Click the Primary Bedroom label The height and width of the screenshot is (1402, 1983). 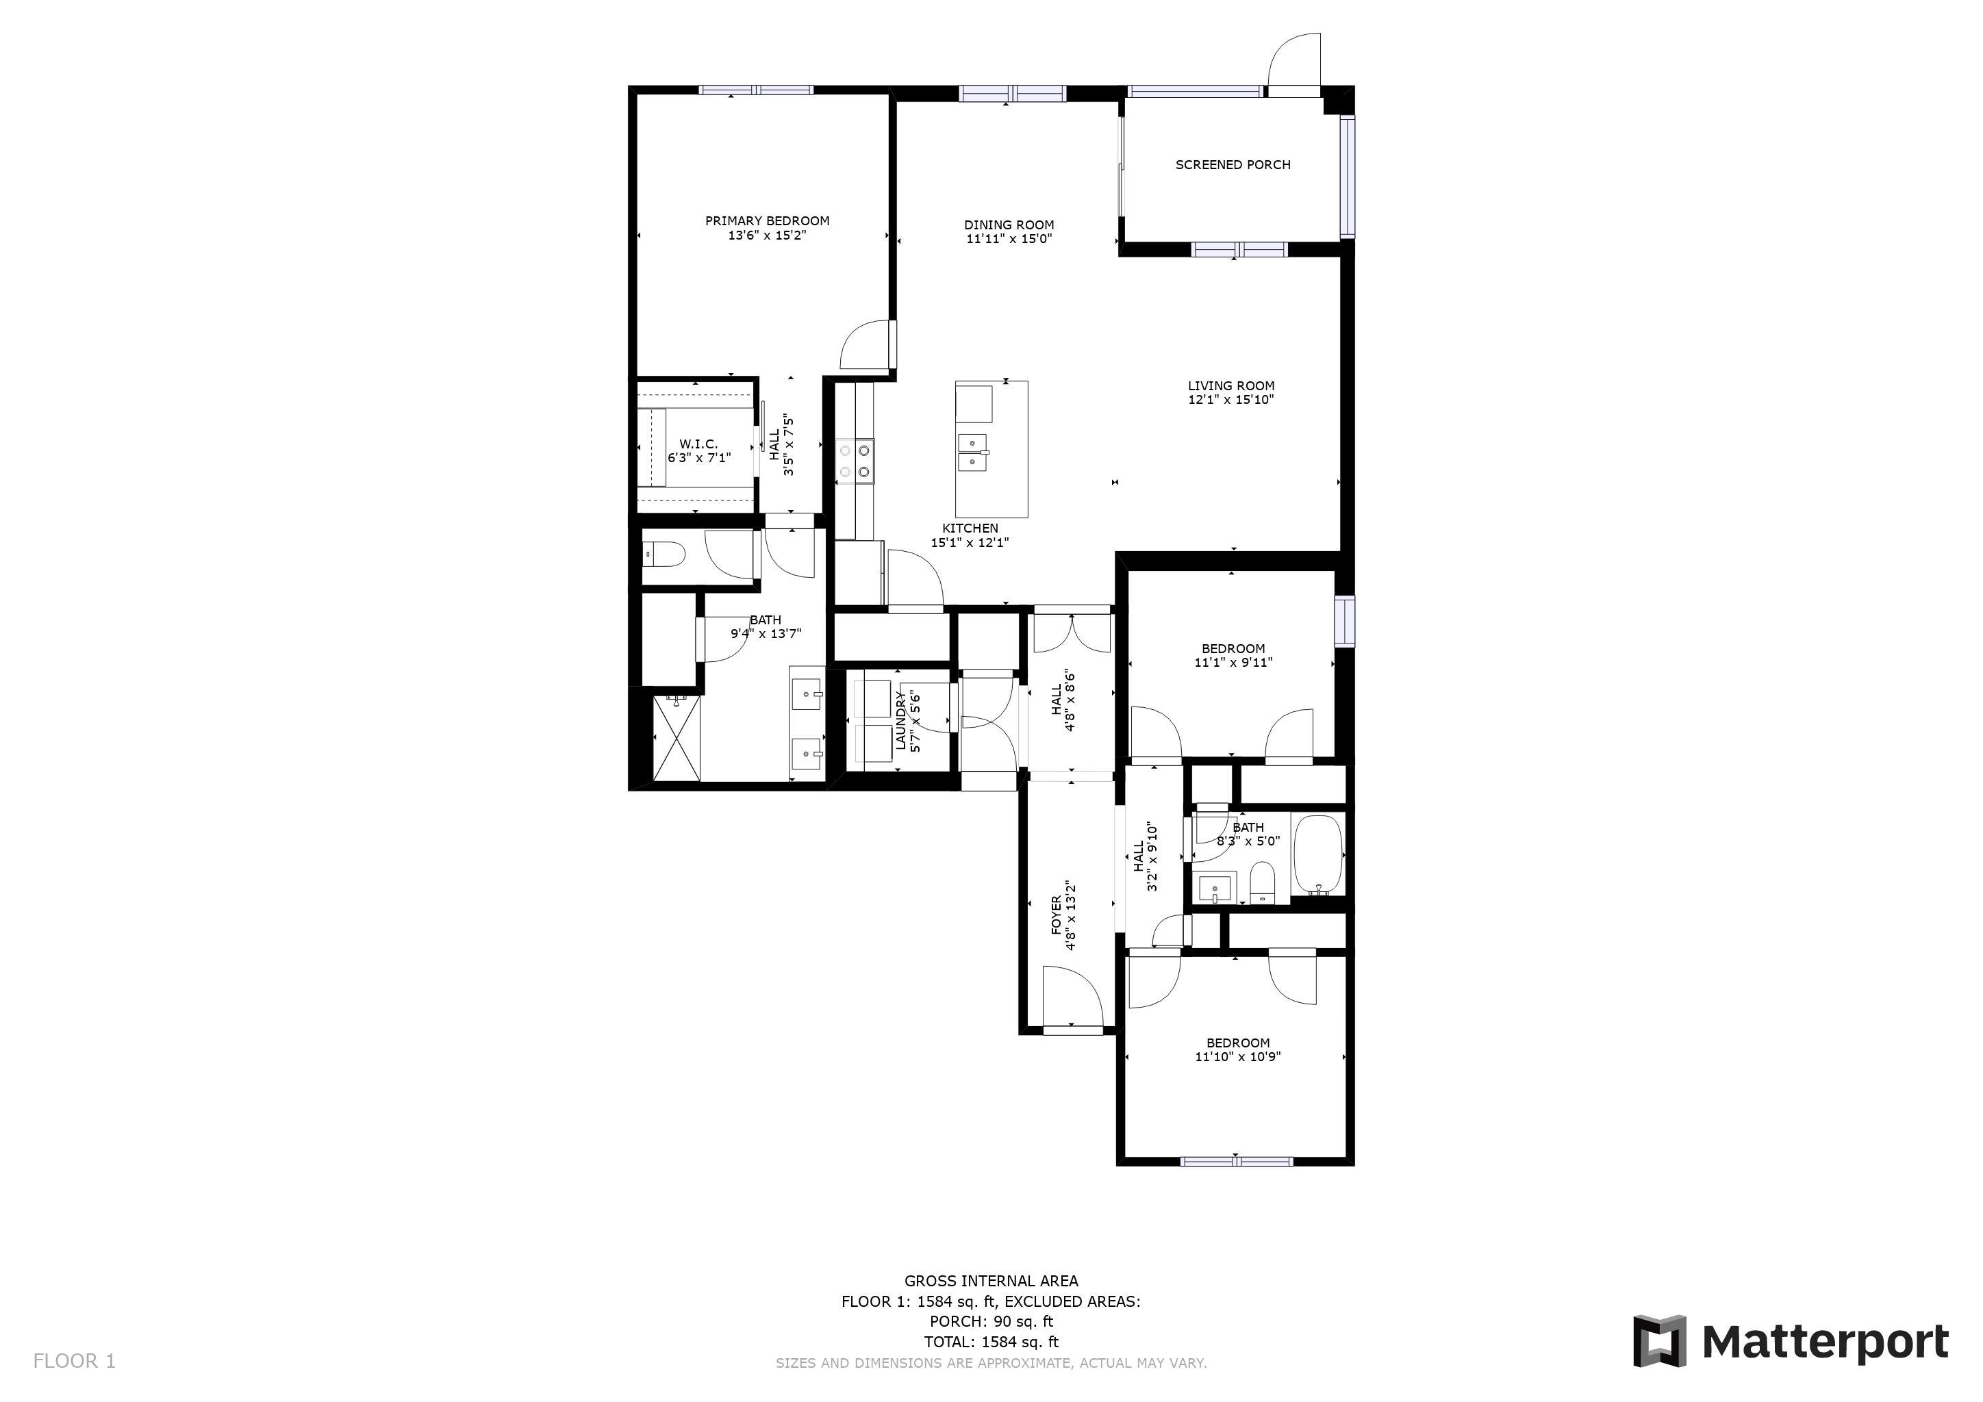(767, 221)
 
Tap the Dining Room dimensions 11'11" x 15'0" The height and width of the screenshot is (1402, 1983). (1009, 239)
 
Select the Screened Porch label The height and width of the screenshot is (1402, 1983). (1233, 165)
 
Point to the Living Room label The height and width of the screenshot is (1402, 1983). (1230, 386)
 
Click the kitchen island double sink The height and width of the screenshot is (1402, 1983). (974, 453)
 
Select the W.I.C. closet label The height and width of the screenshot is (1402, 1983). (698, 444)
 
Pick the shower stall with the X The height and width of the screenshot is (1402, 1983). (677, 738)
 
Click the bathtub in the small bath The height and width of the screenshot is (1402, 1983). (1318, 854)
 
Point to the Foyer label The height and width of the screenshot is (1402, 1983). (1057, 915)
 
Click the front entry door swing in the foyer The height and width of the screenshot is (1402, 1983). (1074, 997)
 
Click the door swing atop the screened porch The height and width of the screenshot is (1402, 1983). (1295, 60)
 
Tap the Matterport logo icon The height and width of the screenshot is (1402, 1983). (1659, 1340)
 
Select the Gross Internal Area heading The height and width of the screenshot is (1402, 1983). (991, 1281)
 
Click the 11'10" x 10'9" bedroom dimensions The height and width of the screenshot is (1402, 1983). (1237, 1057)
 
